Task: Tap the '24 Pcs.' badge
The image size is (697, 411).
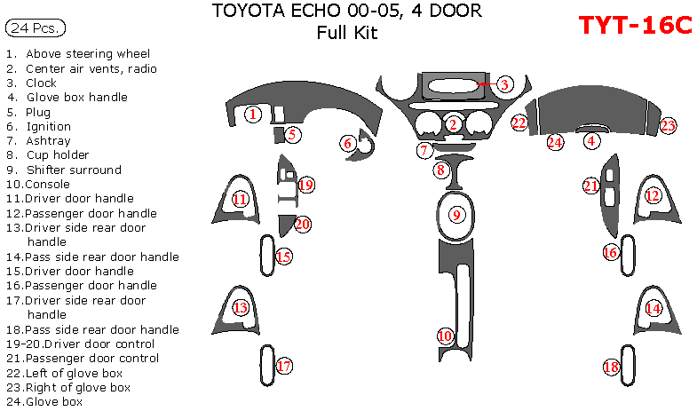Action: tap(35, 28)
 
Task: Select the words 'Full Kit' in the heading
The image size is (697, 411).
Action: tap(347, 34)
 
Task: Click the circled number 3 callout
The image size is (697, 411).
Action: tap(503, 84)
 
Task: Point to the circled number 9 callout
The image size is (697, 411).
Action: tap(456, 214)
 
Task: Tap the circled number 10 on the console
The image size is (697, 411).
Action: tap(445, 336)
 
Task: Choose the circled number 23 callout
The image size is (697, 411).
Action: tap(668, 125)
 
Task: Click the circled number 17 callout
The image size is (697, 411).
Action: tap(283, 366)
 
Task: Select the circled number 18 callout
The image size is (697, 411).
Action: tap(611, 367)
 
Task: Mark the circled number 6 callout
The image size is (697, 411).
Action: tap(348, 143)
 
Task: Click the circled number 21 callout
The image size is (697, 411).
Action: tap(590, 186)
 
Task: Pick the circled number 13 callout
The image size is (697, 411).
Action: tap(240, 307)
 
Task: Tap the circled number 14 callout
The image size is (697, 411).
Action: tap(653, 308)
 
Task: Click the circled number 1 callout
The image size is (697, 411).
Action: tap(253, 114)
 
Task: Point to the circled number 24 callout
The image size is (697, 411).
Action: tap(555, 141)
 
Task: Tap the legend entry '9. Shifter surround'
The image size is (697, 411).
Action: tap(63, 170)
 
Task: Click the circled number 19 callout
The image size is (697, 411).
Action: tap(306, 185)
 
